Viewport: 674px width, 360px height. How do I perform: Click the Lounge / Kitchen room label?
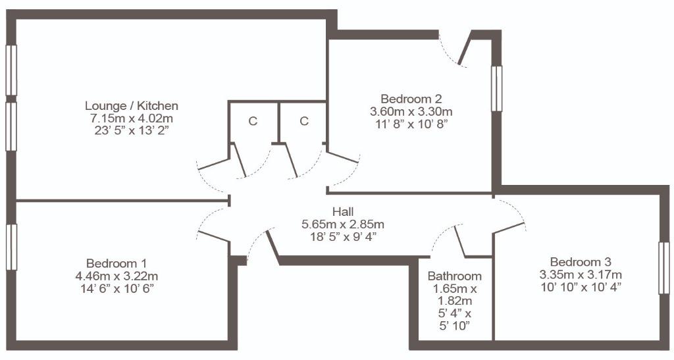[132, 106]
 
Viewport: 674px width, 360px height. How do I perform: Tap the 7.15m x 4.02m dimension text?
[132, 118]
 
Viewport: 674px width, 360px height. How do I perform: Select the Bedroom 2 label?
[411, 99]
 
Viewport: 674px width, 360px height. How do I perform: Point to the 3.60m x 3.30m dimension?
[411, 112]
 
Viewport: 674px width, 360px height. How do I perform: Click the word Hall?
[343, 211]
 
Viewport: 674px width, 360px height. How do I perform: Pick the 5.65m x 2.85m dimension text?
[343, 224]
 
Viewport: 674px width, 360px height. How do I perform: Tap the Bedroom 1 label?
[117, 263]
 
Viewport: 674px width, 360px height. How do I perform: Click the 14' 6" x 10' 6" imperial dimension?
[117, 288]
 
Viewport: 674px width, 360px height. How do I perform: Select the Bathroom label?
[455, 276]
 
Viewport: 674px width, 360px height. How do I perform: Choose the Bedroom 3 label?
[581, 262]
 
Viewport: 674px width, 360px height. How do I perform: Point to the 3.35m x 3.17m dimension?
[581, 274]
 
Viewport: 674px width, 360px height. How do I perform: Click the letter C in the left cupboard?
[253, 122]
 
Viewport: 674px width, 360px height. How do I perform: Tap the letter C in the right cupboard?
[304, 122]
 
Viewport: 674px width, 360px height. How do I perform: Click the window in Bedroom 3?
[663, 268]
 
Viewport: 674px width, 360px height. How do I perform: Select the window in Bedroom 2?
[496, 88]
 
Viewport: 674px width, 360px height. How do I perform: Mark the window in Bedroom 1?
[11, 247]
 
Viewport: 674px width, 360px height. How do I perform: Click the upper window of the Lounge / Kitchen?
[11, 70]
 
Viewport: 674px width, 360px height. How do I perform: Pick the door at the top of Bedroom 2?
[465, 48]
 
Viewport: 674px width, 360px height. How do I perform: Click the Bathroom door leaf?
[459, 242]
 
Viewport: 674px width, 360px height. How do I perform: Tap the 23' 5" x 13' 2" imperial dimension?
[132, 130]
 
